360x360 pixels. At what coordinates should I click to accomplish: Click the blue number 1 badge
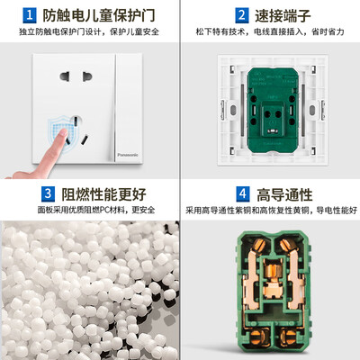[30, 15]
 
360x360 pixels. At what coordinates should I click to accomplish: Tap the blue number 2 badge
[241, 15]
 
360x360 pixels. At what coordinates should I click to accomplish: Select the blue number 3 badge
[48, 194]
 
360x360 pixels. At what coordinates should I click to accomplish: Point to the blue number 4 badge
[243, 194]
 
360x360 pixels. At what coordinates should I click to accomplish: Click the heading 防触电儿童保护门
[99, 15]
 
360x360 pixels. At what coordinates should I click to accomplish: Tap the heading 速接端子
[283, 15]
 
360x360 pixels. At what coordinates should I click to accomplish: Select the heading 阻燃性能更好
[103, 194]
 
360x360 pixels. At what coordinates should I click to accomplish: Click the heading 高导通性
[284, 194]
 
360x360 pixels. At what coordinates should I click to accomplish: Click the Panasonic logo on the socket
[128, 155]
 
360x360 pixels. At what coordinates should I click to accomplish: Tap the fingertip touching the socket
[64, 132]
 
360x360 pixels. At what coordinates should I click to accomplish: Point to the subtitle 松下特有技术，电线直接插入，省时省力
[270, 31]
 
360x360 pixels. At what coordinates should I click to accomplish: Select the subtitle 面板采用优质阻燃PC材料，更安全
[96, 210]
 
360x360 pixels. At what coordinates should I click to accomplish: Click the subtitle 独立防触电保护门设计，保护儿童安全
[89, 31]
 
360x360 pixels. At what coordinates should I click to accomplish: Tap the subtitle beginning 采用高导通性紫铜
[271, 210]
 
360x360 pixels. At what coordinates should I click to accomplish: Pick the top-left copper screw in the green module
[259, 245]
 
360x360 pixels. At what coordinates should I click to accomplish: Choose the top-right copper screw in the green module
[287, 245]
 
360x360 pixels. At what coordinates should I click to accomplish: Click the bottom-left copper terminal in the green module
[258, 337]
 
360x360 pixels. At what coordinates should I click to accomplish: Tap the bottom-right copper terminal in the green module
[289, 337]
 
